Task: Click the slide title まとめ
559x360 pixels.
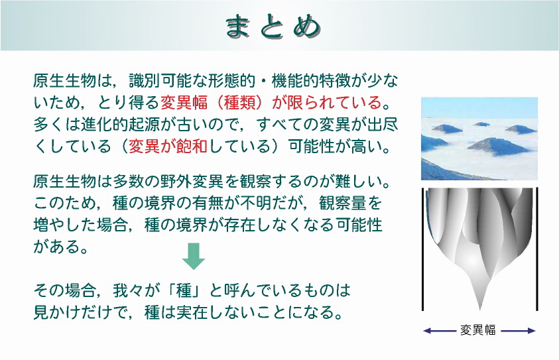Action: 273,26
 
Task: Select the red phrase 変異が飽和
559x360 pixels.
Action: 168,146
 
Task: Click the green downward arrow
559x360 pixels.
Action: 194,256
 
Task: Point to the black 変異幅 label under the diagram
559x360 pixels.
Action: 478,330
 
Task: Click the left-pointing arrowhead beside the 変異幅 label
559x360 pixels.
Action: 427,331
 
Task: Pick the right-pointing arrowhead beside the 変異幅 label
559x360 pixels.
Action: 532,331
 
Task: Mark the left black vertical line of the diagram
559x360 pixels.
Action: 423,249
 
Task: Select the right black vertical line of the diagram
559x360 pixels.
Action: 537,249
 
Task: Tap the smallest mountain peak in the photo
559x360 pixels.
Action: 481,125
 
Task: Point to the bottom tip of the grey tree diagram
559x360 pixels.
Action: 480,310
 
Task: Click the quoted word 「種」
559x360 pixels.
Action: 184,290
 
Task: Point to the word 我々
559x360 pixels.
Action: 129,290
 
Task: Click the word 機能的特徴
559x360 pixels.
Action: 311,81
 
